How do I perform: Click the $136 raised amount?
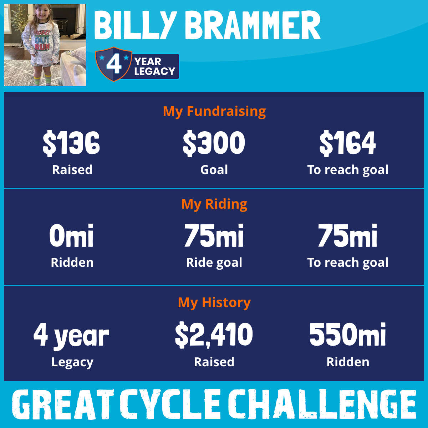(71, 143)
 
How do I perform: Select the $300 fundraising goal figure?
(214, 143)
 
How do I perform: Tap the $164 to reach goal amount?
(348, 143)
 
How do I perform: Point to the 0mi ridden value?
(71, 235)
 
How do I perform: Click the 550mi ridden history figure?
(348, 334)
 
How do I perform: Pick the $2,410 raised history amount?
(214, 335)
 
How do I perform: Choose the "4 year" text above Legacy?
(71, 336)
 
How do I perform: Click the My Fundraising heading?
(214, 112)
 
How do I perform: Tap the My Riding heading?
(214, 204)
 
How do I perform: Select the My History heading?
(214, 303)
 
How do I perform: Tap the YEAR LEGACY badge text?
(154, 66)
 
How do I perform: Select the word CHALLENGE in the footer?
(322, 404)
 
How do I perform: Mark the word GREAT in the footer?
(63, 404)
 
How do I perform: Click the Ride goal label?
(214, 263)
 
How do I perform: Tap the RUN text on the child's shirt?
(42, 47)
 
